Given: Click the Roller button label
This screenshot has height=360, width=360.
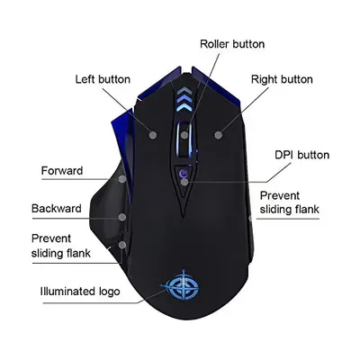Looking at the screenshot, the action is point(232,44).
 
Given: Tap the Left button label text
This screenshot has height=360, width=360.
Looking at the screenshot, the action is point(103,79).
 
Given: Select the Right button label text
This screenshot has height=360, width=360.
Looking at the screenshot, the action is point(282,79).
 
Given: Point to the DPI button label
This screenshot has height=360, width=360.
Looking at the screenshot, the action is point(301,155).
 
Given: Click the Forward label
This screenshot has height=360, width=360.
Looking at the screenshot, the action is point(62,171).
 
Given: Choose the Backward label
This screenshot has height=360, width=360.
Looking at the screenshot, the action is point(57,208).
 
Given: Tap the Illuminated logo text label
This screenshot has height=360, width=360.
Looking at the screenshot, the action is point(80,292).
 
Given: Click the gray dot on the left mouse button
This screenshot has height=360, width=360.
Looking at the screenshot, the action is point(153,135).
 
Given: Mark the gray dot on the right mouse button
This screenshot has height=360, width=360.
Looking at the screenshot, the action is point(219,135).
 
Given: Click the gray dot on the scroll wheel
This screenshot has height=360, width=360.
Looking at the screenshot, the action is point(184,135).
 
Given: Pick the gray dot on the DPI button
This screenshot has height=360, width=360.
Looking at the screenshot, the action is point(184,182).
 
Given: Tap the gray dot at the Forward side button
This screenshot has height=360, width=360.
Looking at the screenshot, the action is point(122,179).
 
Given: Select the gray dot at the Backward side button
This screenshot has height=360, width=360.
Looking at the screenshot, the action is point(122,217).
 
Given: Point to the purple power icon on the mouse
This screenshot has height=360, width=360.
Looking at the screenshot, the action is point(183,173).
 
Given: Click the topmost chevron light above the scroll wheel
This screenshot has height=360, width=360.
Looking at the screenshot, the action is point(184,91).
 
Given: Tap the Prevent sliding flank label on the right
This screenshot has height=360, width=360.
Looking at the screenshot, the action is point(289,202).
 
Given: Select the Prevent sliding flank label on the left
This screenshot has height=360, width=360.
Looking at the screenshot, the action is point(60,246).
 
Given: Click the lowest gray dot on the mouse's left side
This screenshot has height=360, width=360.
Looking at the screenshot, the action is point(122,245).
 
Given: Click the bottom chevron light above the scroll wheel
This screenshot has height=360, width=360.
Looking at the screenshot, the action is point(184,109).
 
